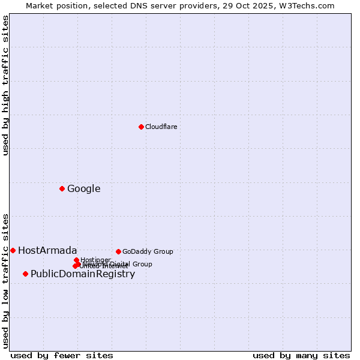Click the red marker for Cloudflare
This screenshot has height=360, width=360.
coord(141,127)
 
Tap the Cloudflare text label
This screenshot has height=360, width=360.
coord(161,127)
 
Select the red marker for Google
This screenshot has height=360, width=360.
coord(62,188)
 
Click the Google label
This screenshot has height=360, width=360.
coord(83,189)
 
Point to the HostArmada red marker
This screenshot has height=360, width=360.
coord(13,250)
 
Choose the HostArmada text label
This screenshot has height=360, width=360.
coord(47,251)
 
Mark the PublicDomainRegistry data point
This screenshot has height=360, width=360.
coord(25,274)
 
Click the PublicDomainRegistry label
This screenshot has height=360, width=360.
coord(83,274)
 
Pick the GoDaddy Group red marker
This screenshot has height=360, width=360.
coord(118,251)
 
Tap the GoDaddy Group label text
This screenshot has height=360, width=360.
coord(148,251)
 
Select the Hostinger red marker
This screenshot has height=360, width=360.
coord(76,260)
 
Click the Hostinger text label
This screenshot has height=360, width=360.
coord(95,260)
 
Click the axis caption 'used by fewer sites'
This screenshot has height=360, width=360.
coord(62,355)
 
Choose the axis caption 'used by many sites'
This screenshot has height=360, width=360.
coord(301,355)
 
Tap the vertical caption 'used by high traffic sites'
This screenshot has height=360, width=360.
coord(5,85)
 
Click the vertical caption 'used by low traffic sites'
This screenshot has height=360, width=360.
coord(5,280)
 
